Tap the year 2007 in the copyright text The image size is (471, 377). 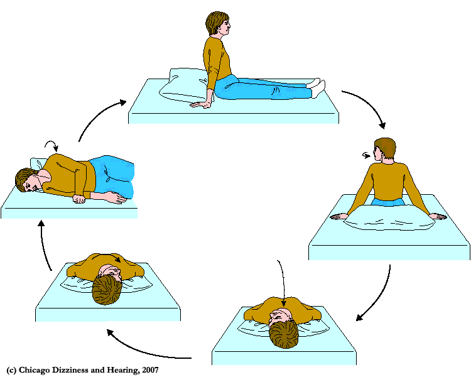151,370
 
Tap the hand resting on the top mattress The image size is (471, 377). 201,105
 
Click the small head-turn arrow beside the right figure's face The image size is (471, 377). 366,155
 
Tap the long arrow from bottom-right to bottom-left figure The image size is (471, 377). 141,349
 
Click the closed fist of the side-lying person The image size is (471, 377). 79,199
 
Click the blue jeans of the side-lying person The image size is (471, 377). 112,176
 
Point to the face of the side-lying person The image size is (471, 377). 31,184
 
